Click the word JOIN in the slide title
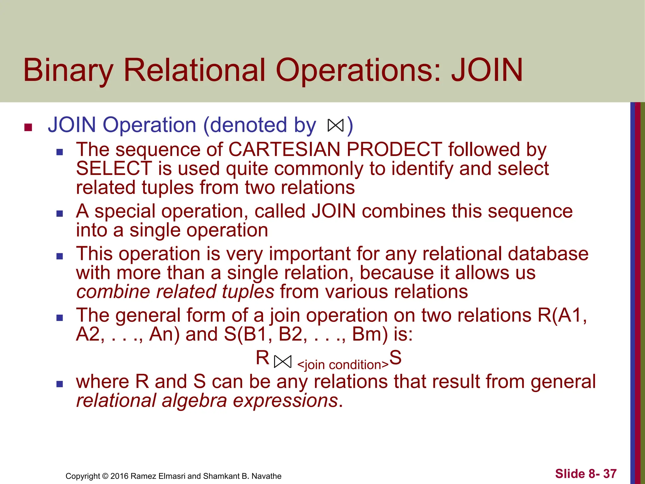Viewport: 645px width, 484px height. click(x=487, y=70)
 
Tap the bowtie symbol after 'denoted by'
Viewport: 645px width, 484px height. click(x=335, y=125)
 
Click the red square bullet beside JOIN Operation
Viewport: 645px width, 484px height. click(x=28, y=127)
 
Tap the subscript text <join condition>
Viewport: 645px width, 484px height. click(x=343, y=365)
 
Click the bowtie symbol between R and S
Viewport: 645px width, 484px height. click(x=283, y=361)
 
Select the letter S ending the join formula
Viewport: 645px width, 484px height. click(x=395, y=358)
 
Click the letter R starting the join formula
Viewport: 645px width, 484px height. click(x=262, y=358)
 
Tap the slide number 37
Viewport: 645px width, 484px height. click(x=610, y=474)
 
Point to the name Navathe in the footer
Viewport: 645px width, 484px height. click(x=266, y=476)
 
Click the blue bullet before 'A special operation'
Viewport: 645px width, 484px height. click(x=60, y=214)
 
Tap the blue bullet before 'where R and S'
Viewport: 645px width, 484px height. click(x=60, y=384)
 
